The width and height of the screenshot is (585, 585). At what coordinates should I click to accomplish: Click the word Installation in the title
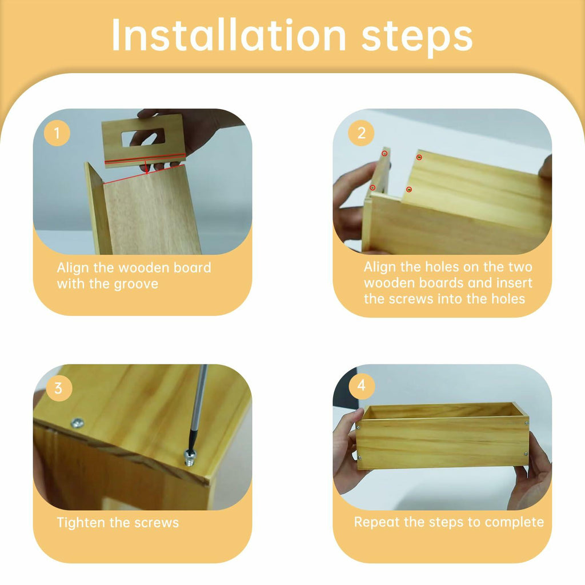tap(229, 35)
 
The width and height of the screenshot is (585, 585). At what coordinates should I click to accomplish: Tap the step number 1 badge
tap(57, 133)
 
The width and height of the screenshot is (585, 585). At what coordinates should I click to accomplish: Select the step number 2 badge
tap(361, 133)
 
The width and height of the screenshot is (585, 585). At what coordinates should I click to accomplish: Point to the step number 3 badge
tap(59, 388)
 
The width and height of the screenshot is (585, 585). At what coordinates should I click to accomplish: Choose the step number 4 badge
tap(362, 385)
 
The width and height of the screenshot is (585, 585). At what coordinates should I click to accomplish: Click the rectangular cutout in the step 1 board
tap(143, 138)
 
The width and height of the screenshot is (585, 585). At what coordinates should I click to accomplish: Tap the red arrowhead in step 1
tap(147, 171)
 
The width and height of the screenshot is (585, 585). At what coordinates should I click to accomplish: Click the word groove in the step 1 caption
tap(136, 285)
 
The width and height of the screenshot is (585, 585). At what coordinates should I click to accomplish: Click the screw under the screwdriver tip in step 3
tap(190, 458)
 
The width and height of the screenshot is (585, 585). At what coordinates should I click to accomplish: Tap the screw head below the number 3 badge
tap(78, 423)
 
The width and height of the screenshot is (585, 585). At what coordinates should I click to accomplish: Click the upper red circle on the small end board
tap(384, 153)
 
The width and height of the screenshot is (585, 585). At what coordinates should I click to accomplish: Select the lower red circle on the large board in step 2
tap(409, 190)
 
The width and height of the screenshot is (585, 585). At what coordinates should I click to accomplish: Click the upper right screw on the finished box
tap(526, 423)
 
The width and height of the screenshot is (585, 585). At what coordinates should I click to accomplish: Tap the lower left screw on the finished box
tap(359, 458)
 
